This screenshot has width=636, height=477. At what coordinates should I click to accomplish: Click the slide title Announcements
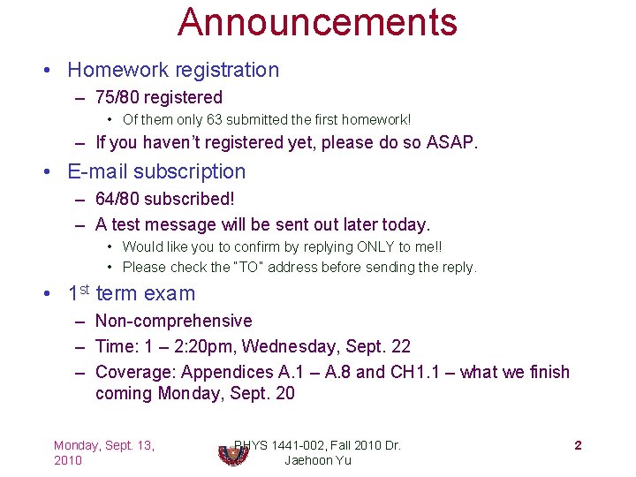click(x=317, y=22)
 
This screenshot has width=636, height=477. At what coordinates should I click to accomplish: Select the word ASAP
click(x=452, y=142)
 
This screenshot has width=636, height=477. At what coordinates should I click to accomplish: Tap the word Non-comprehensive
click(x=173, y=321)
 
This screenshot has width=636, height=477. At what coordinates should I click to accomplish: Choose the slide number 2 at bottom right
click(x=578, y=445)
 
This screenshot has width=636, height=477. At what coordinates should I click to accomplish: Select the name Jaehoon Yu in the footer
click(x=317, y=460)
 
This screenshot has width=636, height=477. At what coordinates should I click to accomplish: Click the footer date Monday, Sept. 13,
click(x=103, y=445)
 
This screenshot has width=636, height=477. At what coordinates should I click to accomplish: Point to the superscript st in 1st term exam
click(x=85, y=289)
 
